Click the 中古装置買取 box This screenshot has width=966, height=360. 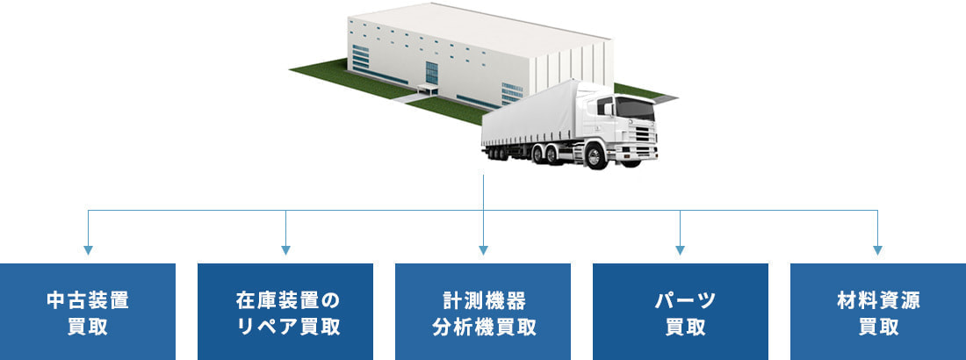point(88,312)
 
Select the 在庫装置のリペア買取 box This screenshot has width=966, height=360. point(285,312)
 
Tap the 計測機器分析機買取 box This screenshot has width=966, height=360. point(483,312)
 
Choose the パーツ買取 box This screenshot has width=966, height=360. point(681,312)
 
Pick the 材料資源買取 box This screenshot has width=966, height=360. point(878,312)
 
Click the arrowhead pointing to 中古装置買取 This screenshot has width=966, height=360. point(88,250)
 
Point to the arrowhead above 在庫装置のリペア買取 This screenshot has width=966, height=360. point(285,250)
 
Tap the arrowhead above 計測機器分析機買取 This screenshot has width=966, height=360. point(483,250)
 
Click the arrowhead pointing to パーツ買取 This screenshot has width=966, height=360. point(681,250)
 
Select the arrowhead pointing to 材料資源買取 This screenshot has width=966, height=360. point(878,250)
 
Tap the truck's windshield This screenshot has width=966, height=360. point(635,107)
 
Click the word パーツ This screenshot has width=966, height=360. point(681,300)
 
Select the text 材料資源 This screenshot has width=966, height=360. point(878,300)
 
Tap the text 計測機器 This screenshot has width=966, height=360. point(483,300)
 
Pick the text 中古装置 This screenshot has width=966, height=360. point(88,300)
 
